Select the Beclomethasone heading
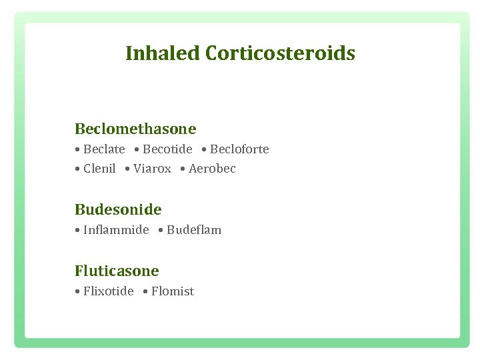135,128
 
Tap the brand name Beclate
104,149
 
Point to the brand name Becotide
167,149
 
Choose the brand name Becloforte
239,149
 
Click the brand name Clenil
99,169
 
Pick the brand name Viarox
152,169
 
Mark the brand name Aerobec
212,169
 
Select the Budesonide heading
118,209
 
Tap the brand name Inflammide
116,230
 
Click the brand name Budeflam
194,230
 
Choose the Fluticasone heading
117,271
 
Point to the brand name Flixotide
108,291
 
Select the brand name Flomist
173,291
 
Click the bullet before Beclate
78,150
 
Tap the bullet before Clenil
78,169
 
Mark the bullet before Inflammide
78,231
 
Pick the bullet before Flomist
145,292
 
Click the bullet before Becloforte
204,150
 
